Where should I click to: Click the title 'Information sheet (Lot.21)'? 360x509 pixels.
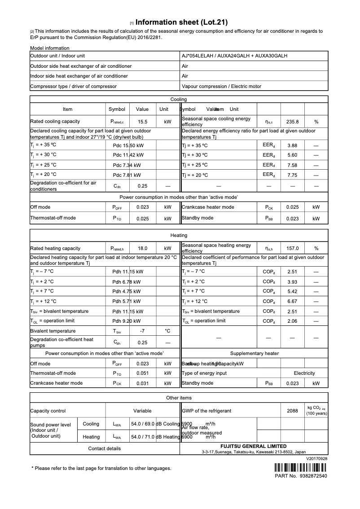(181, 22)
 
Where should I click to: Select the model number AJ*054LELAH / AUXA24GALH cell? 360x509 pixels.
(234, 56)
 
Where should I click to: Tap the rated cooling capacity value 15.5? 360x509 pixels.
(143, 122)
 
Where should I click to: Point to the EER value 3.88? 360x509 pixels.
(292, 145)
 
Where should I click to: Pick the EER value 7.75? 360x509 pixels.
(292, 175)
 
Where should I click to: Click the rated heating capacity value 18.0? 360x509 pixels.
(143, 248)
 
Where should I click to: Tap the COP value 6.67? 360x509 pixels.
(292, 302)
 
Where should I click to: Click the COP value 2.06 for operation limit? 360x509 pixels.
(292, 321)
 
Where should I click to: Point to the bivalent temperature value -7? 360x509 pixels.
(143, 331)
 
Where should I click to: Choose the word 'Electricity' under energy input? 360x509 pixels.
(304, 373)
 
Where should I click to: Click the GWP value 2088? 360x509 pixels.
(292, 411)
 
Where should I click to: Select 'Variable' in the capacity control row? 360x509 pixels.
(142, 411)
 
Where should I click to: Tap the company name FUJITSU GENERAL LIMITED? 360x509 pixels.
(253, 447)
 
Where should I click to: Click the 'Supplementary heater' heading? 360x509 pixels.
(254, 354)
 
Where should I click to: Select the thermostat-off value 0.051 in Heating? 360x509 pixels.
(143, 373)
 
